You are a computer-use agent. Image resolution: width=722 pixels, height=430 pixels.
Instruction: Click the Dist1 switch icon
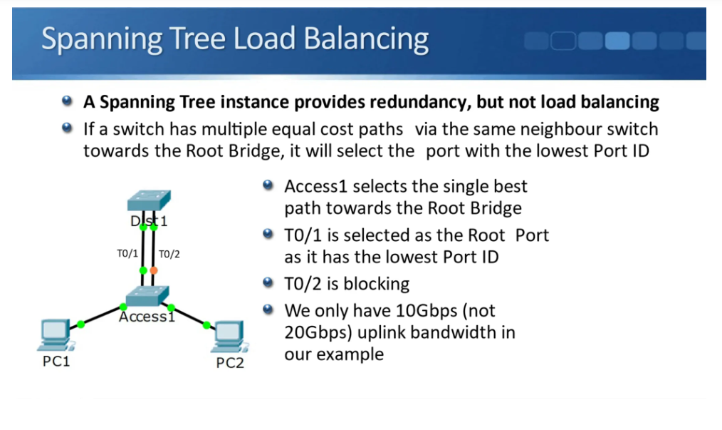pyautogui.click(x=149, y=200)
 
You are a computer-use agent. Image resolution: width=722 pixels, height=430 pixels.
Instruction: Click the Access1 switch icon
pyautogui.click(x=147, y=296)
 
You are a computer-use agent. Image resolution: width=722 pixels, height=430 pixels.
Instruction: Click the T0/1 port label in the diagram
pyautogui.click(x=127, y=253)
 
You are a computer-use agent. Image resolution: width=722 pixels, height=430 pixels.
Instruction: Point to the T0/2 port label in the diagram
pyautogui.click(x=169, y=254)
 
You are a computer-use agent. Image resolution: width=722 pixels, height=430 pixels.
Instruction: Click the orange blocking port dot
pyautogui.click(x=154, y=270)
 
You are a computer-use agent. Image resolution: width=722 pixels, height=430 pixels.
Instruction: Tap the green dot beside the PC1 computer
pyautogui.click(x=81, y=324)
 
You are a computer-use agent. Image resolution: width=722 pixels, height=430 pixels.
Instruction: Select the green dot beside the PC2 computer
pyautogui.click(x=206, y=325)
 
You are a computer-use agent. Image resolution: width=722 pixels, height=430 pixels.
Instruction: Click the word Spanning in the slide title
pyautogui.click(x=102, y=39)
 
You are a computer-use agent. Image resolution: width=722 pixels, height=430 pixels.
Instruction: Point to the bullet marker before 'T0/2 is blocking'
pyautogui.click(x=268, y=282)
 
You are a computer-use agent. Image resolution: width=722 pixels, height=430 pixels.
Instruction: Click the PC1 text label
pyautogui.click(x=56, y=362)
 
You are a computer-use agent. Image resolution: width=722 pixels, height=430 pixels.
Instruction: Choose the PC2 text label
pyautogui.click(x=230, y=363)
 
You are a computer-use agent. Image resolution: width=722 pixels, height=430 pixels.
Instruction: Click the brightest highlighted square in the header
pyautogui.click(x=617, y=41)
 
